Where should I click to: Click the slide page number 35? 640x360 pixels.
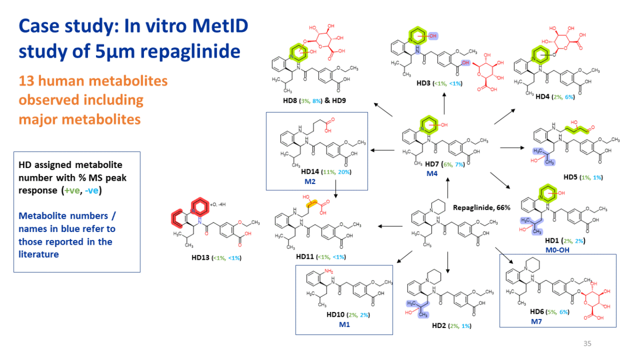(x=587, y=343)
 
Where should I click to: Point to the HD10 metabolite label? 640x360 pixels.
(x=335, y=315)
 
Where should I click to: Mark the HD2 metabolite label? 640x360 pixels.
(x=439, y=325)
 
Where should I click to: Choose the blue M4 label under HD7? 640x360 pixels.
(x=431, y=173)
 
